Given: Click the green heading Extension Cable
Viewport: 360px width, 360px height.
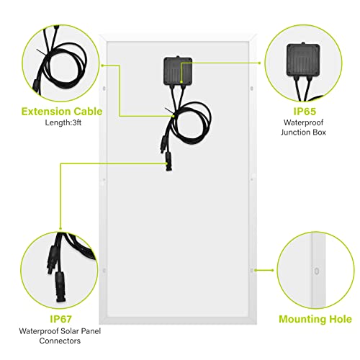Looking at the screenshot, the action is pyautogui.click(x=62, y=112).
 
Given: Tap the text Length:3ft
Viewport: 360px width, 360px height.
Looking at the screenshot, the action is pyautogui.click(x=63, y=122).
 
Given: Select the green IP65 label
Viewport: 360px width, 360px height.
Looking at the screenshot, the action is pyautogui.click(x=305, y=112).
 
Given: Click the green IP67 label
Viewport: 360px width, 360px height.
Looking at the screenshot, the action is pyautogui.click(x=61, y=319).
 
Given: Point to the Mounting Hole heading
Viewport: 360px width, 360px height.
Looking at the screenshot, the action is pyautogui.click(x=315, y=319).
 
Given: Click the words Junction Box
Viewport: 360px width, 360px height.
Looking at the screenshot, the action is pyautogui.click(x=303, y=132).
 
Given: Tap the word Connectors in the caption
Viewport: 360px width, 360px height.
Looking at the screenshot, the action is pyautogui.click(x=60, y=341).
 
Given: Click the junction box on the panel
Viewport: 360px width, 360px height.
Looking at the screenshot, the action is pyautogui.click(x=178, y=71).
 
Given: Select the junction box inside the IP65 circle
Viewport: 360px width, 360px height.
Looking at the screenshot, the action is pyautogui.click(x=303, y=60).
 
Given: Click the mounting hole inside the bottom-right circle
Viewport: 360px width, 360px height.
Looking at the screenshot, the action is pyautogui.click(x=317, y=271).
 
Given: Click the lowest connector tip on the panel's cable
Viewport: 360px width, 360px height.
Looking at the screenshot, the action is pyautogui.click(x=169, y=168).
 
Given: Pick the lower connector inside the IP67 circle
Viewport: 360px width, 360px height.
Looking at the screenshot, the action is pyautogui.click(x=60, y=287).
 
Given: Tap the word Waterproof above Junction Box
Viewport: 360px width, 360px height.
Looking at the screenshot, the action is pyautogui.click(x=303, y=122).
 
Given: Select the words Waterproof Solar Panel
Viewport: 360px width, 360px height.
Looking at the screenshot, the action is pyautogui.click(x=60, y=331).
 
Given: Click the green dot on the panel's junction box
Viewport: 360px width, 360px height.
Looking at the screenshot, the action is pyautogui.click(x=181, y=82).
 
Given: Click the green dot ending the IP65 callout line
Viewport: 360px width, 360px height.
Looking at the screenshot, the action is pyautogui.click(x=260, y=63).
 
